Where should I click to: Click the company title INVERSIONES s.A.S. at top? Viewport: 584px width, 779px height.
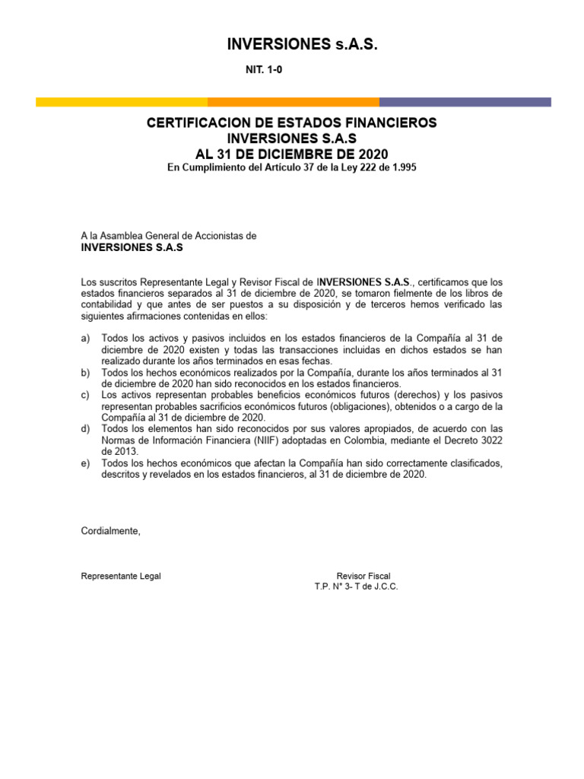point(302,46)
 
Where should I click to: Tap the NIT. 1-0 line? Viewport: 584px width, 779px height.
point(263,69)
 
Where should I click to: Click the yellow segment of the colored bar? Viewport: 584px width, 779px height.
point(122,102)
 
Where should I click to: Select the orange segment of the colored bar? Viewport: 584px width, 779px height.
point(294,102)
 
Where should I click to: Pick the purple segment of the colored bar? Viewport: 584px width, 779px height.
point(465,102)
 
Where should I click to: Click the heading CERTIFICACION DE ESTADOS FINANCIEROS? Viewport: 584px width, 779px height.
point(292,123)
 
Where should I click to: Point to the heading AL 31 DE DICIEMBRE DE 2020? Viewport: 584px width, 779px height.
point(292,154)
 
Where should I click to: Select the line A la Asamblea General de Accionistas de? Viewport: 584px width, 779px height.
point(169,236)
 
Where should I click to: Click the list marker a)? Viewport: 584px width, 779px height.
point(86,338)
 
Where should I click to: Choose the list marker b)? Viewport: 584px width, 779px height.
point(86,372)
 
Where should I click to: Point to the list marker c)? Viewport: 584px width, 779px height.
point(86,395)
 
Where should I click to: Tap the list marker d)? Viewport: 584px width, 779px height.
point(86,429)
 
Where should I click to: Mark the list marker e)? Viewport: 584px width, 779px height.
point(86,463)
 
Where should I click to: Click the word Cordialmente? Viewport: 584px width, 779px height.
point(111,531)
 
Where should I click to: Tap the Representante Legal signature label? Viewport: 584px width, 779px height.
point(121,576)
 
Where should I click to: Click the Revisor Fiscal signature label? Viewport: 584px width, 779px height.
point(363,576)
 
